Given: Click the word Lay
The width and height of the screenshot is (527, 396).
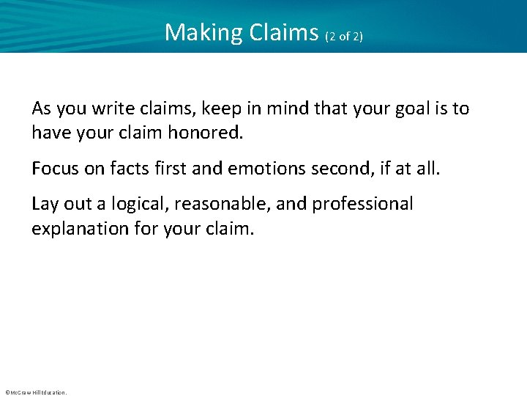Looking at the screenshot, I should [45, 204].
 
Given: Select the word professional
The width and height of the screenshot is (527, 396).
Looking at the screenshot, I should [362, 204].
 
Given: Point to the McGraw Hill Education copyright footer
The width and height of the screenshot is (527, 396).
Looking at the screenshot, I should [35, 392].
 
